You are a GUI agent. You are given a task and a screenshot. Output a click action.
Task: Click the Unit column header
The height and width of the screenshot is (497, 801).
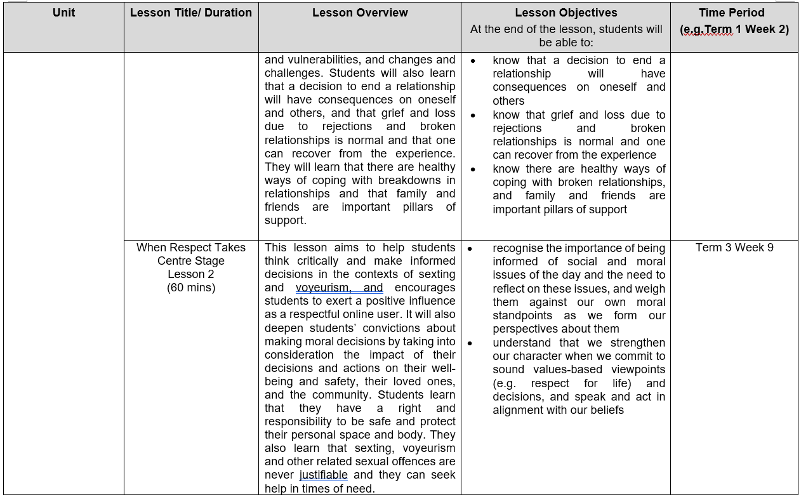63,12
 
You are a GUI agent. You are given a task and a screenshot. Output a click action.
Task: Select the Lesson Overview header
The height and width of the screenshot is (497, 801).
360,12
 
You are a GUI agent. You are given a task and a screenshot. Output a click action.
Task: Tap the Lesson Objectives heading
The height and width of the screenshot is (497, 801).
565,12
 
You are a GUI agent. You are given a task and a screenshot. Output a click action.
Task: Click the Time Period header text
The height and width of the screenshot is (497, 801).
731,12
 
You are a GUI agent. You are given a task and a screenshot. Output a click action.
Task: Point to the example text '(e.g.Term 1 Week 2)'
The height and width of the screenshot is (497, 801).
734,29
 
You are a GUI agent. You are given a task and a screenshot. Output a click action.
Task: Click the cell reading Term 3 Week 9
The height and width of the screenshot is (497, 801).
734,248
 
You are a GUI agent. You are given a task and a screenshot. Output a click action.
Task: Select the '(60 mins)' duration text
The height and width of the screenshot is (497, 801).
191,288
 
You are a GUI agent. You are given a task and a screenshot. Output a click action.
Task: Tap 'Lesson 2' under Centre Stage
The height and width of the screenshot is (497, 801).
191,274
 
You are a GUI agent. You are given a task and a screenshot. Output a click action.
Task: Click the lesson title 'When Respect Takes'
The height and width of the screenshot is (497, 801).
191,248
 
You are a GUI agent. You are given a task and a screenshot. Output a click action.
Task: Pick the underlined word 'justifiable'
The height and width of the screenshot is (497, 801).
323,475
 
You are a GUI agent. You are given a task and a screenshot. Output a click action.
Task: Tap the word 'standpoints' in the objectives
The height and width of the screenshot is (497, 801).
525,315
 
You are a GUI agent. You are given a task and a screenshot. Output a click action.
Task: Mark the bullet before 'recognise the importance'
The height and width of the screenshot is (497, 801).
470,248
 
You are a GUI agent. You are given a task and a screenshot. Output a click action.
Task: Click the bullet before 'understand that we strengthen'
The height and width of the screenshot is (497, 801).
470,343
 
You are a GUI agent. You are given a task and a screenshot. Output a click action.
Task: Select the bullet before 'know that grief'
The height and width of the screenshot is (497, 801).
473,115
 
